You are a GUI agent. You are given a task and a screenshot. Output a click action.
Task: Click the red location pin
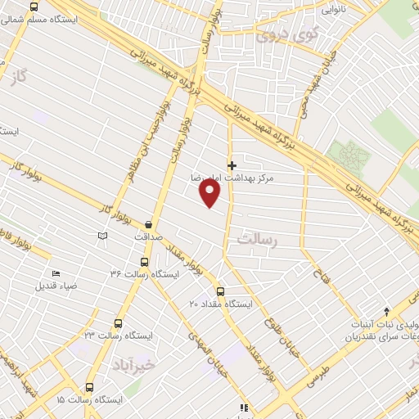[x=210, y=193]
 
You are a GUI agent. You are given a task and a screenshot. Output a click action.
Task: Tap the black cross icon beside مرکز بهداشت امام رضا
[x=232, y=165]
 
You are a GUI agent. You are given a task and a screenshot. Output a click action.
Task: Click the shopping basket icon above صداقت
[x=148, y=223]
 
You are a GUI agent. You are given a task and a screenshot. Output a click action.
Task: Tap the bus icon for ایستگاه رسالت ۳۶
[x=144, y=263]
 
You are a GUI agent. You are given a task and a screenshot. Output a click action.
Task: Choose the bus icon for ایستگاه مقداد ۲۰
[x=220, y=291]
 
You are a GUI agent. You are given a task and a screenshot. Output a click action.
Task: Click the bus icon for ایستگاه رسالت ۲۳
[x=119, y=324]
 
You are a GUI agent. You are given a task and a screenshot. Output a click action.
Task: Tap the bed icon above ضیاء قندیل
[x=56, y=273]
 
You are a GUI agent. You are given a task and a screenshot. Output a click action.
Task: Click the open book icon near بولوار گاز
[x=102, y=237]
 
